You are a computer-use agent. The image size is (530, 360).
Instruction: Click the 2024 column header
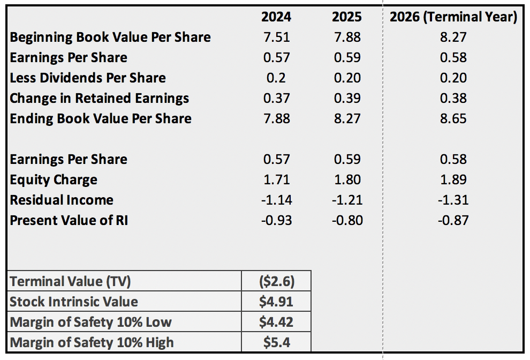276,17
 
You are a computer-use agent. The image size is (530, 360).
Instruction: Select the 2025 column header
347,17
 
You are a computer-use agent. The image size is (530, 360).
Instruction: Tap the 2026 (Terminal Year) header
453,17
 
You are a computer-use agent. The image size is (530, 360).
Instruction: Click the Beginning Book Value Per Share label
110,37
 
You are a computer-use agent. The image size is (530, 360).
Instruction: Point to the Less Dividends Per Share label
88,78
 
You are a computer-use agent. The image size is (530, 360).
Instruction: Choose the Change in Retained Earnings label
100,99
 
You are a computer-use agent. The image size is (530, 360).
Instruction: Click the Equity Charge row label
54,180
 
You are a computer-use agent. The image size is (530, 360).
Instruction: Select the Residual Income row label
62,200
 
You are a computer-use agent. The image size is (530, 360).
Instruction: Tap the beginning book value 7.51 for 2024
276,37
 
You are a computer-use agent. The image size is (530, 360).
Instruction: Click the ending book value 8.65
453,119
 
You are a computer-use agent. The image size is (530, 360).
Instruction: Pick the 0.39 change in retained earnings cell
347,99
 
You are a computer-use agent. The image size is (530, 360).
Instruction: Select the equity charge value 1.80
347,180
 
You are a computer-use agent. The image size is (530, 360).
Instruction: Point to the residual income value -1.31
453,200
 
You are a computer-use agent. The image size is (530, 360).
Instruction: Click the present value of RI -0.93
276,221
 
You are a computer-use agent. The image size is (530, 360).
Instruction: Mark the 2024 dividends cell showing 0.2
276,78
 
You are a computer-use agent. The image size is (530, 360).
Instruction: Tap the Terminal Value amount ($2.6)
276,281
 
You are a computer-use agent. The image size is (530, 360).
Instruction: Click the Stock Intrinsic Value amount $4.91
276,302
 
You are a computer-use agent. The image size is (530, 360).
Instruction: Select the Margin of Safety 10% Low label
91,322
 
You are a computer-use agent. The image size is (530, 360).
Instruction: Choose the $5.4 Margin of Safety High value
276,342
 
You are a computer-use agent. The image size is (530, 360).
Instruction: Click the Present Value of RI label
69,221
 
